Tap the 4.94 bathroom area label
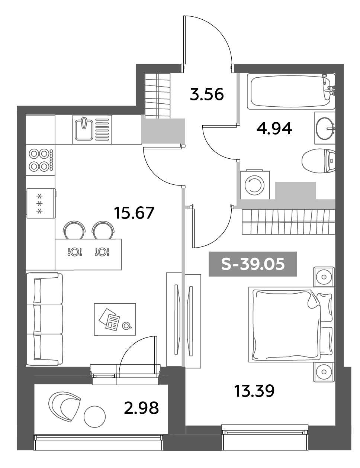tap(274, 129)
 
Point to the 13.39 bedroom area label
tap(254, 391)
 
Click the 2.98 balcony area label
tap(141, 408)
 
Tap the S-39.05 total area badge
tap(253, 264)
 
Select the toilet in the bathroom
tap(318, 161)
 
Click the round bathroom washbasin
tap(325, 128)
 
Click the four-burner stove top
tap(40, 160)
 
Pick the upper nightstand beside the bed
tap(324, 277)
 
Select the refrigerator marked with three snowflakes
tap(40, 203)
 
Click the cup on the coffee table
tap(126, 326)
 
